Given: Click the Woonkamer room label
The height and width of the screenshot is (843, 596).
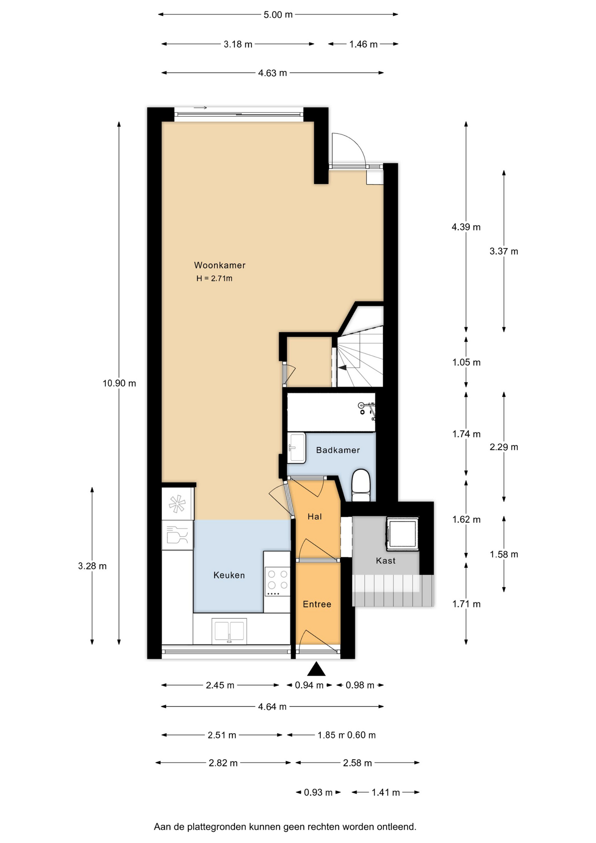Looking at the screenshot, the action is (x=219, y=265).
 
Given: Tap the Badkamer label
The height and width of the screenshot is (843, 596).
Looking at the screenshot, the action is (x=338, y=450).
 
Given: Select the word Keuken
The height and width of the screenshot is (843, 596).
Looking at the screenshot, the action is (x=229, y=575).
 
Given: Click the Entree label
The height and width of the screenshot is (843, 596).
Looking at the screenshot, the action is (x=317, y=604).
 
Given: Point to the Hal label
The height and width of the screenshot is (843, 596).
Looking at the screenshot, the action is (x=315, y=517).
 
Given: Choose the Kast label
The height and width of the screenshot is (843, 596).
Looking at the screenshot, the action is (x=386, y=561).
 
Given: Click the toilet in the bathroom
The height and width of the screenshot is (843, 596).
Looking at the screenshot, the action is (x=361, y=486).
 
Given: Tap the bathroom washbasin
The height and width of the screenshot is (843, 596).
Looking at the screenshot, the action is (x=297, y=448).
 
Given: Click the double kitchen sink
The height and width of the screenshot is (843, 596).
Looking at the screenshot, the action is (x=229, y=630).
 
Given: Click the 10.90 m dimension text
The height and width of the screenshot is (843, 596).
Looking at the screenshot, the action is (x=119, y=383).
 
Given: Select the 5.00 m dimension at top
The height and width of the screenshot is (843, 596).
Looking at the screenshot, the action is (x=278, y=14).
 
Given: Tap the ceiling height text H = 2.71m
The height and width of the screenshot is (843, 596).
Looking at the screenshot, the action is (x=214, y=278).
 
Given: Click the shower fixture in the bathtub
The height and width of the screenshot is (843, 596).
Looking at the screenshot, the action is (x=367, y=408).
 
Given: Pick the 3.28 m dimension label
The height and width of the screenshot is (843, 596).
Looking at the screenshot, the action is (x=92, y=566).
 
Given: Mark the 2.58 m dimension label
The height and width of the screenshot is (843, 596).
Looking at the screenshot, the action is (x=357, y=763).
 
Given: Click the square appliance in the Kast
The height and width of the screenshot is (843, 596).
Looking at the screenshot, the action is (x=402, y=534).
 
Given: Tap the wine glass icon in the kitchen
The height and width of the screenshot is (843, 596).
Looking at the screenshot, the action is (x=177, y=535).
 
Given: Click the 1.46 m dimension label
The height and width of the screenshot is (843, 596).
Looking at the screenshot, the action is (x=363, y=44).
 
